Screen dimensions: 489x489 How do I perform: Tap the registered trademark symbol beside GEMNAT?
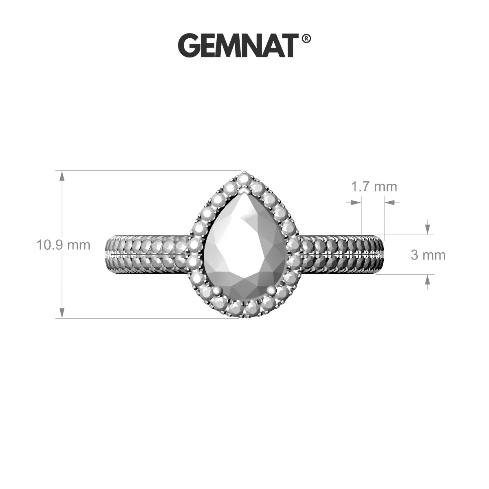pos(306,39)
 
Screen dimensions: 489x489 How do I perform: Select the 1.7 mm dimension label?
pos(374,187)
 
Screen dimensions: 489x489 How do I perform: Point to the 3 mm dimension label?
pos(428,255)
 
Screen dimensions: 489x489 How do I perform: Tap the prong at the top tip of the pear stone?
pos(245,190)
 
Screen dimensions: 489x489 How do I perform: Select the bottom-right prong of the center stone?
pos(271,290)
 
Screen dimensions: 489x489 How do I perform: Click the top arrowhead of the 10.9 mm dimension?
pos(62,176)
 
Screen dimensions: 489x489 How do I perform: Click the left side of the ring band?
pos(147,255)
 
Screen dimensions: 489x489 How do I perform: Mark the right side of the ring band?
pos(342,255)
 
